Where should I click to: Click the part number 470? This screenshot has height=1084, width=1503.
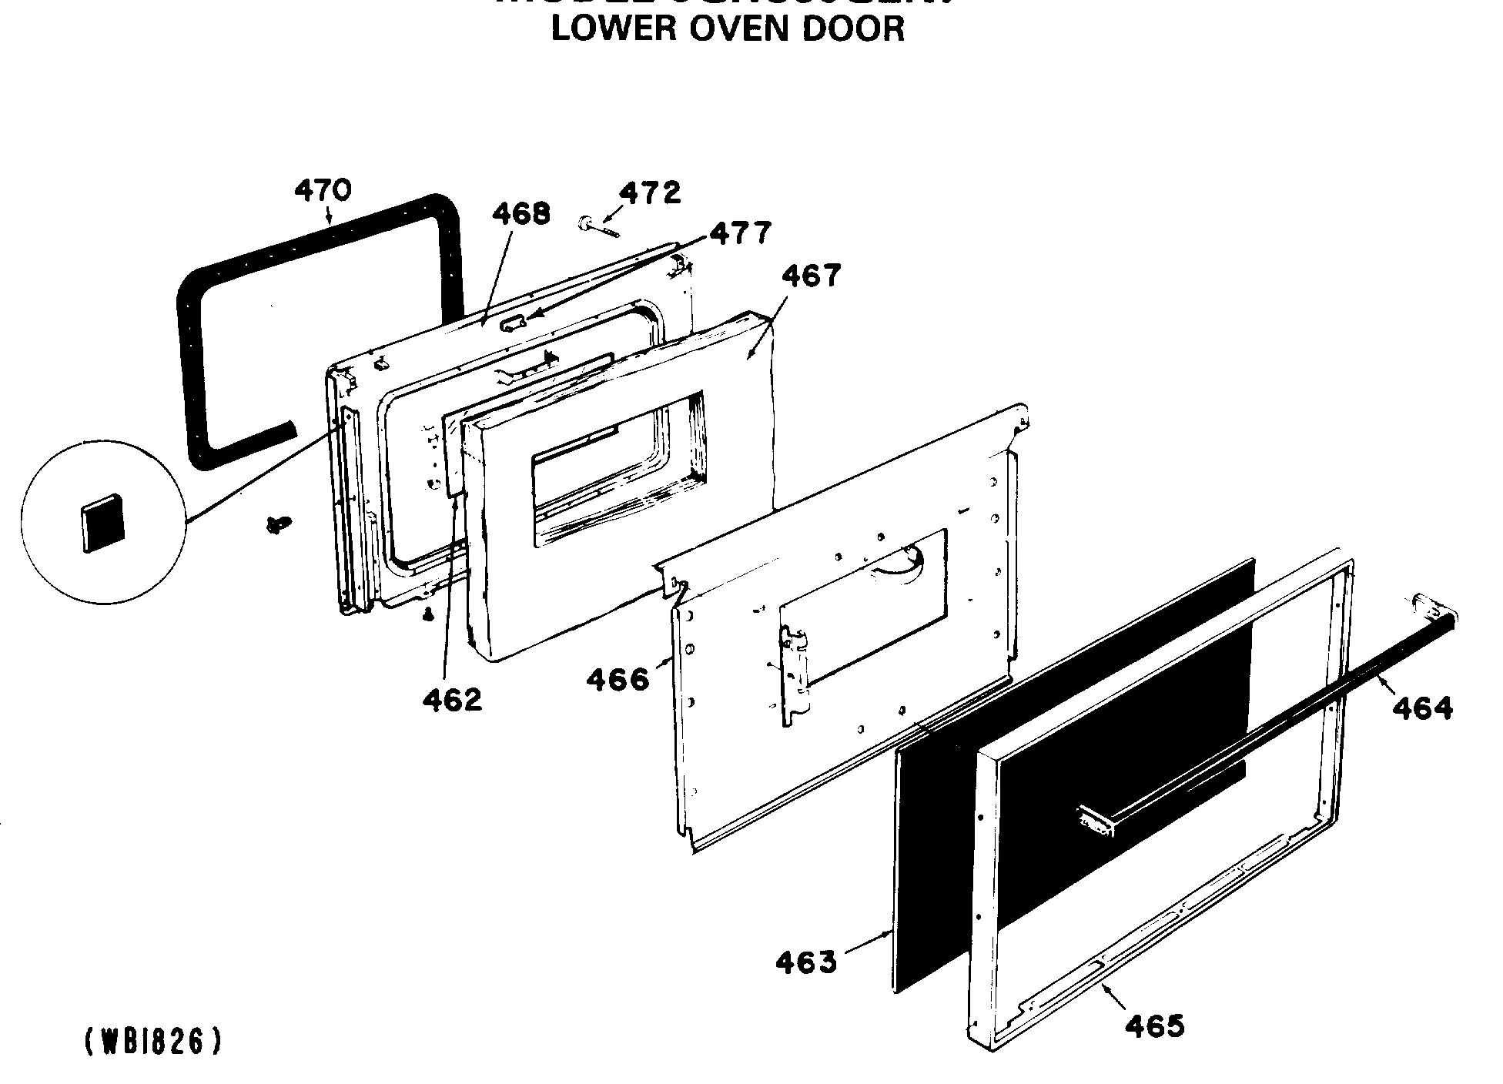323,189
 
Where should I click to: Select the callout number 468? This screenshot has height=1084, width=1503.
521,213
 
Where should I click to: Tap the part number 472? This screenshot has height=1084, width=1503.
651,192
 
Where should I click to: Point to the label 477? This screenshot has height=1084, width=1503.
740,233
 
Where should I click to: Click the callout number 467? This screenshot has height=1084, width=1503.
812,276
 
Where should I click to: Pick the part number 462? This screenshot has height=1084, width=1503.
452,700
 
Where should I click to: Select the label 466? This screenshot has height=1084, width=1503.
617,680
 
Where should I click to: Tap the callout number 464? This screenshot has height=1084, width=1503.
1422,708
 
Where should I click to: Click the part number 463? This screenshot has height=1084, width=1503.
805,962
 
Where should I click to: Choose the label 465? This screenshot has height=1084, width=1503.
1154,1025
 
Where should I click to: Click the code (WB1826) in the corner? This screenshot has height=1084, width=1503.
152,1042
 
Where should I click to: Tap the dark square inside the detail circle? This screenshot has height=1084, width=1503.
102,523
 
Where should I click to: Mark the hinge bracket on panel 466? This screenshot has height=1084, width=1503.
797,674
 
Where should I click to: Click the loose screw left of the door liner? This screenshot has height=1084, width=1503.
278,524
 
